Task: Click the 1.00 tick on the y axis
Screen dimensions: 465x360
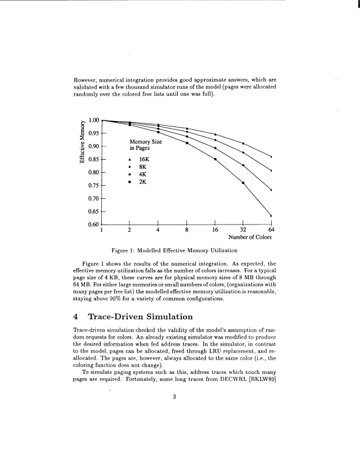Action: [x=93, y=119]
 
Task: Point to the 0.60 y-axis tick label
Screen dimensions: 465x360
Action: [x=93, y=224]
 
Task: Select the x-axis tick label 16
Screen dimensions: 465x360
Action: [x=215, y=230]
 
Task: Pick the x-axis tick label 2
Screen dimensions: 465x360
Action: [x=129, y=230]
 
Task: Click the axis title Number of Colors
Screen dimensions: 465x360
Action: [x=250, y=238]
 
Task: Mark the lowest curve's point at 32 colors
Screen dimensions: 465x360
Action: [x=244, y=183]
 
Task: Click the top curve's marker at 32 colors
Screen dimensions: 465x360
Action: [x=244, y=143]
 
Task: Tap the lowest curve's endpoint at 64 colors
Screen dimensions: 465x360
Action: [x=271, y=215]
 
